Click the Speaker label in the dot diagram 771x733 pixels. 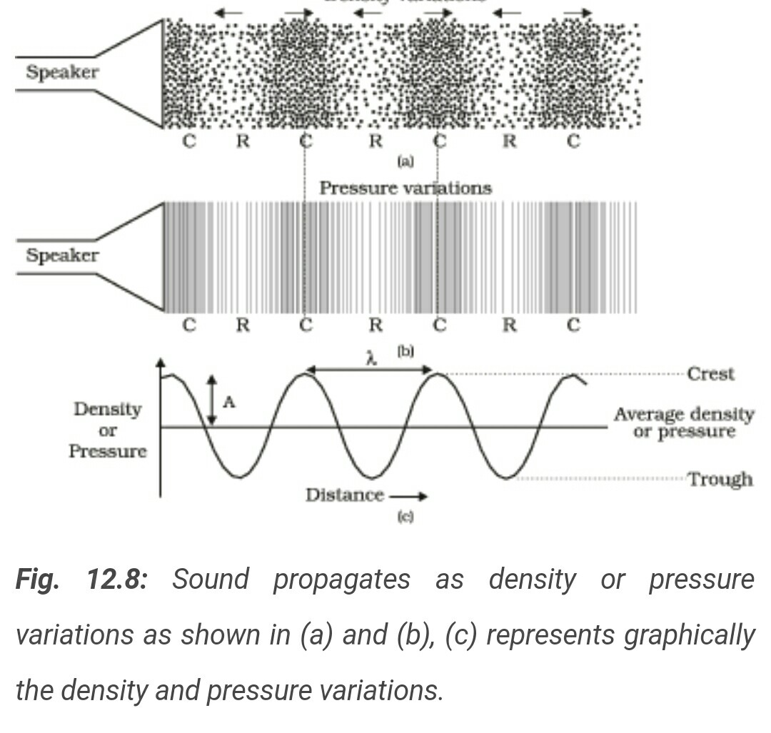62,72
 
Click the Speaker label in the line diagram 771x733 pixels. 62,256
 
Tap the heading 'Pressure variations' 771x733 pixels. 405,188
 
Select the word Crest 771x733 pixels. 710,374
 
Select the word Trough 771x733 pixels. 720,479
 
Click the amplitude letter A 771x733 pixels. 228,403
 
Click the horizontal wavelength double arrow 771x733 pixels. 369,370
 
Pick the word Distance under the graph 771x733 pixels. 344,495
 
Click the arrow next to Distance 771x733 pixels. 409,496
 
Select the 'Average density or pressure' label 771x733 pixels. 683,423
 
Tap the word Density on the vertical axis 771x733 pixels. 107,410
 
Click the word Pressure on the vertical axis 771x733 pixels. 107,451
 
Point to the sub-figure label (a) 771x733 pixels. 405,162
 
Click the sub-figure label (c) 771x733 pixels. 405,517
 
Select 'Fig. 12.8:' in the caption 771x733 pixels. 81,580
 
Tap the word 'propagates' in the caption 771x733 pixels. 341,580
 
